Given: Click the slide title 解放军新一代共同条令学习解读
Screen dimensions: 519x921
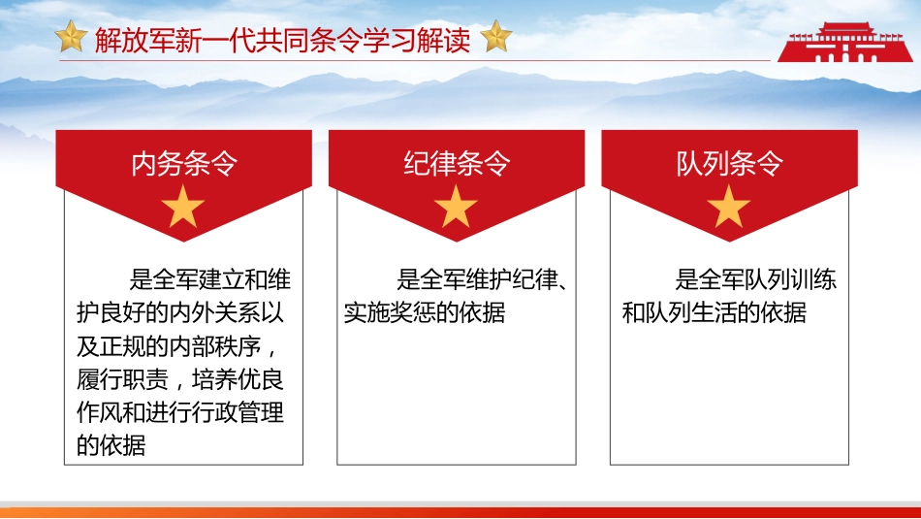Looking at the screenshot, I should point(282,40).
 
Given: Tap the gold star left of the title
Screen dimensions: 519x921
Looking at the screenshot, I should point(71,38).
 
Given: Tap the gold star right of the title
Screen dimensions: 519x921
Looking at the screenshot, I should point(495,38).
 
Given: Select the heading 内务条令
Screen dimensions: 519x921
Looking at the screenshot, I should point(183,164).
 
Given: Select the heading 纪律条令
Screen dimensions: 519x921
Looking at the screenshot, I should point(457,164).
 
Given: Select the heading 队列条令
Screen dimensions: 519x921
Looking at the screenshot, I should point(729,164).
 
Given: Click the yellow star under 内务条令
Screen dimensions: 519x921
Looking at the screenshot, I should point(183,208).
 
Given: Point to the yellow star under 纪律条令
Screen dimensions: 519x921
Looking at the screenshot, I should point(457,208).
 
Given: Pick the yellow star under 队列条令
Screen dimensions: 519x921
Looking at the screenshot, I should point(729,208).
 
